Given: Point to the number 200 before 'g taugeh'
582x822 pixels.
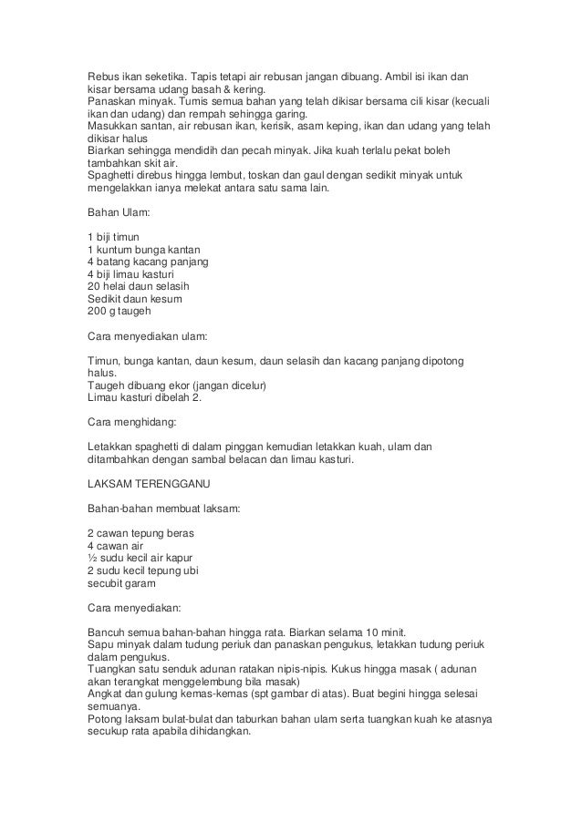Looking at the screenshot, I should pyautogui.click(x=97, y=311).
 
